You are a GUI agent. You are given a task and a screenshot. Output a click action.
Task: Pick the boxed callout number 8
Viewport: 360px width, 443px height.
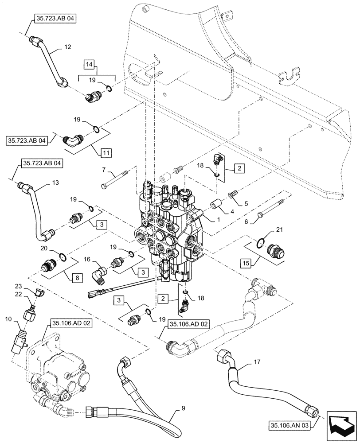click(x=76, y=278)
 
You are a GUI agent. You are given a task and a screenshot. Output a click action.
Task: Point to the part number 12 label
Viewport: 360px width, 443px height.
click(x=67, y=46)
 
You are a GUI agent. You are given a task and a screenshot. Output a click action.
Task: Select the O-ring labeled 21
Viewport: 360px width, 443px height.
click(x=262, y=242)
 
